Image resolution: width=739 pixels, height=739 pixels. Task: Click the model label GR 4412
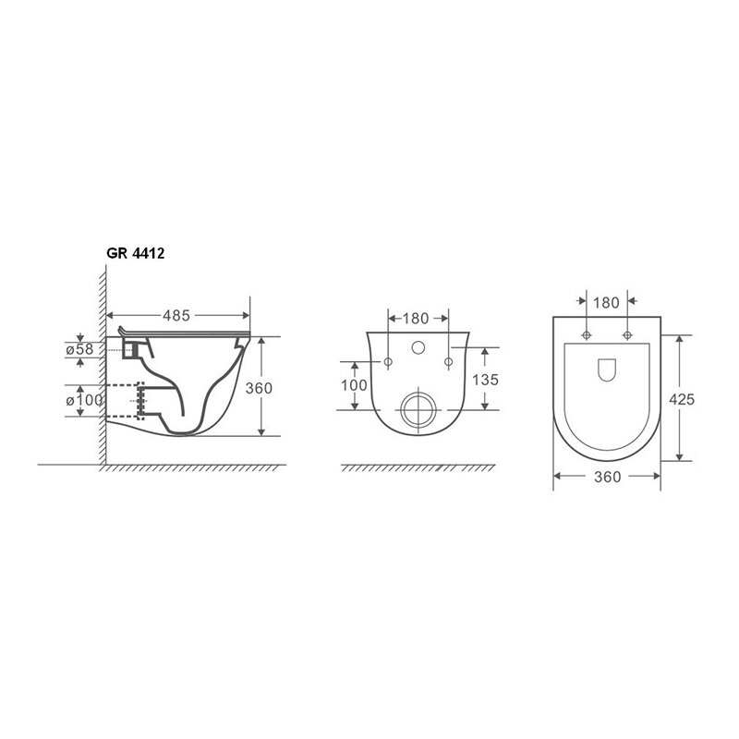pos(135,253)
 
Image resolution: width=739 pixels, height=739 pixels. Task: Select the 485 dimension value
pos(176,315)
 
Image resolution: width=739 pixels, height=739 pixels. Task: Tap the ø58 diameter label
pos(79,350)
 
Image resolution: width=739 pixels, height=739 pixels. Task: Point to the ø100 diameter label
pos(84,400)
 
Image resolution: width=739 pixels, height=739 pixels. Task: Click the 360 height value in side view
pos(259,388)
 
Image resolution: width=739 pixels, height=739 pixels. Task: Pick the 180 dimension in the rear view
pos(415,319)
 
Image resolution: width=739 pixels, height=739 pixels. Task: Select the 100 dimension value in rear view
pos(354,385)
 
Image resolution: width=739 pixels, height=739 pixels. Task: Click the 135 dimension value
pos(485,380)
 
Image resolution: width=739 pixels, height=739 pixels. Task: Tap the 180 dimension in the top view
pos(606,303)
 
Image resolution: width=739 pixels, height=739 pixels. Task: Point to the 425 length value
pos(682,399)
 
